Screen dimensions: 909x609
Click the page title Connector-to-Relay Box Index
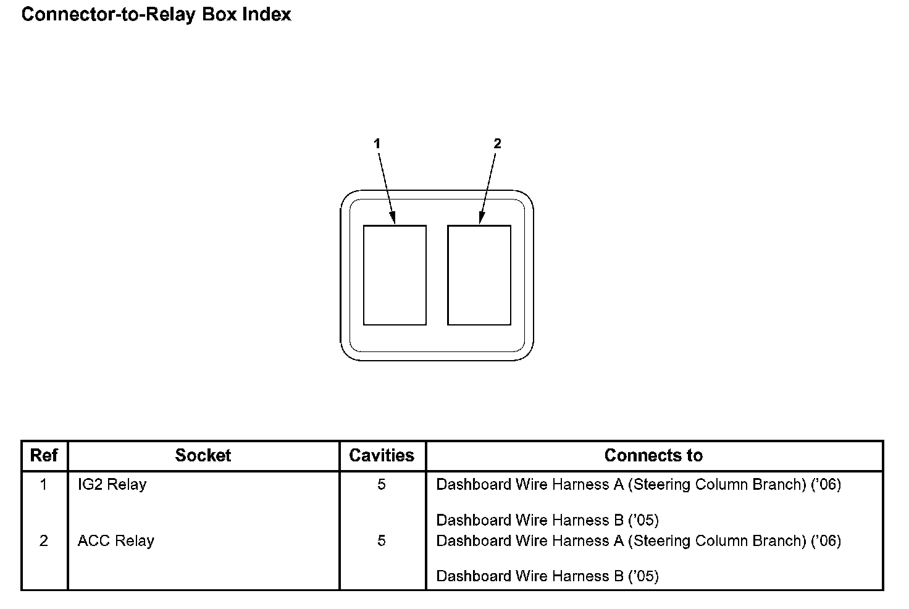pyautogui.click(x=156, y=14)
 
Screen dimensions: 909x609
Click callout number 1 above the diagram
pyautogui.click(x=377, y=143)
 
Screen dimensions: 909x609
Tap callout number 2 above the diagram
pyautogui.click(x=497, y=143)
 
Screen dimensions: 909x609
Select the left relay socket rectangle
pyautogui.click(x=395, y=275)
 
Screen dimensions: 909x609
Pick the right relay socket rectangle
pyautogui.click(x=479, y=275)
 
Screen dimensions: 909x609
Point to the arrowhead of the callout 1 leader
pyautogui.click(x=392, y=218)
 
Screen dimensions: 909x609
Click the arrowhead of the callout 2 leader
pyautogui.click(x=481, y=218)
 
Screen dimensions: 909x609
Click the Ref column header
pyautogui.click(x=44, y=456)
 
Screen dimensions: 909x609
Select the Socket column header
pyautogui.click(x=203, y=456)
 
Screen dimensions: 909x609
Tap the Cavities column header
pyautogui.click(x=382, y=456)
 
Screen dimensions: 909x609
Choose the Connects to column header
pyautogui.click(x=653, y=456)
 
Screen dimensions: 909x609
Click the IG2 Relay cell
pyautogui.click(x=112, y=484)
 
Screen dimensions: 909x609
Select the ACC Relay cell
pyautogui.click(x=116, y=541)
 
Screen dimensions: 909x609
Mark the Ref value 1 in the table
pyautogui.click(x=44, y=484)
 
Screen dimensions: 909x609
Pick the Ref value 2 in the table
pyautogui.click(x=44, y=541)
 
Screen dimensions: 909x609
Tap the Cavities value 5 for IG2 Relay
pyautogui.click(x=382, y=484)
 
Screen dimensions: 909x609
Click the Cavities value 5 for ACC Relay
pyautogui.click(x=382, y=541)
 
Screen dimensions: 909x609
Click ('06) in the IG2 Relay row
pyautogui.click(x=826, y=484)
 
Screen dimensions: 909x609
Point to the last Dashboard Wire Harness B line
pyautogui.click(x=547, y=576)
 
